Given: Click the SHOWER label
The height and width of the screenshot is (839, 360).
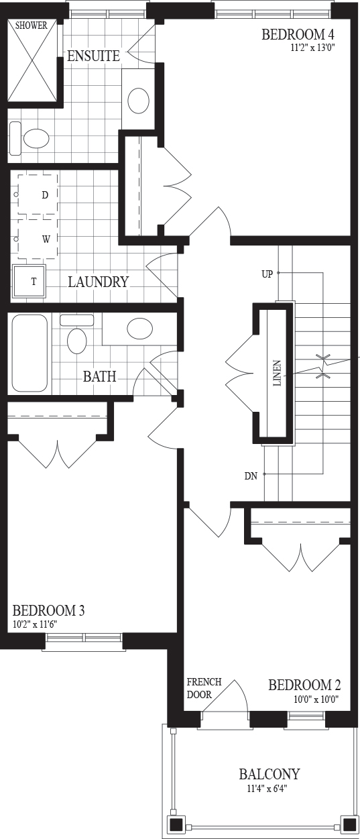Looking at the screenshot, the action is pyautogui.click(x=32, y=25).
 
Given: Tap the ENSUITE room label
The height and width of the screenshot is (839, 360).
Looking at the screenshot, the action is pyautogui.click(x=94, y=56).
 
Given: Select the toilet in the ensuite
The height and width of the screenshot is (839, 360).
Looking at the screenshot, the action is pyautogui.click(x=29, y=138).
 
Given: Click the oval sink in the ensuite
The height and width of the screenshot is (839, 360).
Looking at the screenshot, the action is pyautogui.click(x=139, y=101).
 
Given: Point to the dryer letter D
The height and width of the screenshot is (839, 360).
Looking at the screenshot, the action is pyautogui.click(x=45, y=195).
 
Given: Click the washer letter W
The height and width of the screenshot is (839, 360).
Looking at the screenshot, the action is pyautogui.click(x=46, y=239).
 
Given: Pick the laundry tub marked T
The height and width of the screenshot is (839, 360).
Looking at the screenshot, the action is pyautogui.click(x=29, y=281).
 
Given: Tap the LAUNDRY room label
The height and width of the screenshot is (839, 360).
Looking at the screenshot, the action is pyautogui.click(x=99, y=282).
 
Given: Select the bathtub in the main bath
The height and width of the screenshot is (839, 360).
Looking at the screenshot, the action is pyautogui.click(x=29, y=353).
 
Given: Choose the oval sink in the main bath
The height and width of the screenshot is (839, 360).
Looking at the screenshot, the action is pyautogui.click(x=139, y=328).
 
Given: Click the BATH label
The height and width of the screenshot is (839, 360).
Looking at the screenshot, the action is pyautogui.click(x=99, y=376).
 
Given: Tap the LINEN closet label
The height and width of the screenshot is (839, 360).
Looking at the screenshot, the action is pyautogui.click(x=278, y=374).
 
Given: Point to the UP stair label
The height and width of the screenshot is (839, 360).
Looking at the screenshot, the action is pyautogui.click(x=267, y=274).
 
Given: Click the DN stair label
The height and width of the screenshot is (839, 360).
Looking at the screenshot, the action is pyautogui.click(x=251, y=476).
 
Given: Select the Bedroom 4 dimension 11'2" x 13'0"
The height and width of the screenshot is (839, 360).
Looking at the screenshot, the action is pyautogui.click(x=312, y=48).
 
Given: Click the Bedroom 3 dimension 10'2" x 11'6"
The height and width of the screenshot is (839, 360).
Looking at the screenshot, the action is pyautogui.click(x=34, y=624).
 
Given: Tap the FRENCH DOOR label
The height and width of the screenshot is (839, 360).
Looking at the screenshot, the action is pyautogui.click(x=204, y=688).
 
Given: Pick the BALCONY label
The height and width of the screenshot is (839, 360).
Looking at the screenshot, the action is pyautogui.click(x=269, y=774).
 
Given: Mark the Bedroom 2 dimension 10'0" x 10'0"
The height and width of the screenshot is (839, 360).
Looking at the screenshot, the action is pyautogui.click(x=316, y=699).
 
